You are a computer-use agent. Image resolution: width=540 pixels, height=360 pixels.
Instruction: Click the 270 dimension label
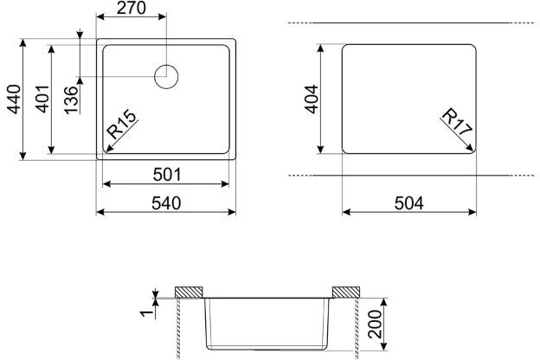point(132,9)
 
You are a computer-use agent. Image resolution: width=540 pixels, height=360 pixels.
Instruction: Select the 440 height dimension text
point(15,100)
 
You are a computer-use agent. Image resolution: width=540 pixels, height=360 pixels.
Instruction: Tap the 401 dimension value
point(42,100)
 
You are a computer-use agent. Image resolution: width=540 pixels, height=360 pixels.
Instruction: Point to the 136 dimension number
point(71,100)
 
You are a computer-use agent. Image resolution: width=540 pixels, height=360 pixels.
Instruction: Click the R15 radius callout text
point(121,124)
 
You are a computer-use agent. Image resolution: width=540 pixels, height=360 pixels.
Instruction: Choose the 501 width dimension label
point(167,175)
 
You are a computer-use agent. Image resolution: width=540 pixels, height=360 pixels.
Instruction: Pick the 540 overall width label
point(166,203)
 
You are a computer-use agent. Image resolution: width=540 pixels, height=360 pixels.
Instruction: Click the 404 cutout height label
point(312,100)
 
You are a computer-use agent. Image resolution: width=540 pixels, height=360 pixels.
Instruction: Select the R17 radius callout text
point(457,122)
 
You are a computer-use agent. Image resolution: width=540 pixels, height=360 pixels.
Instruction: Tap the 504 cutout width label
point(408,203)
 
